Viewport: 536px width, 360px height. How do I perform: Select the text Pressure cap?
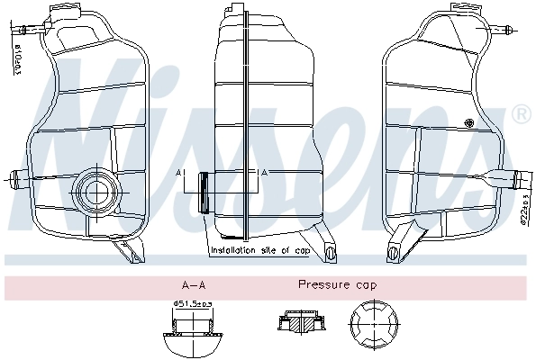tap(338, 284)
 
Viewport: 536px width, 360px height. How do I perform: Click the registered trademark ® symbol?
tap(520, 114)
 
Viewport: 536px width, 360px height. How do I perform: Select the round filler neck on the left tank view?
tap(94, 190)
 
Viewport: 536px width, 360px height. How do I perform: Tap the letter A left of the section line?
tap(179, 172)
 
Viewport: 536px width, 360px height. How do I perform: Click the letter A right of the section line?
tap(262, 172)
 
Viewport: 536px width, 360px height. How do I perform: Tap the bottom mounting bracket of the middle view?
tap(332, 253)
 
